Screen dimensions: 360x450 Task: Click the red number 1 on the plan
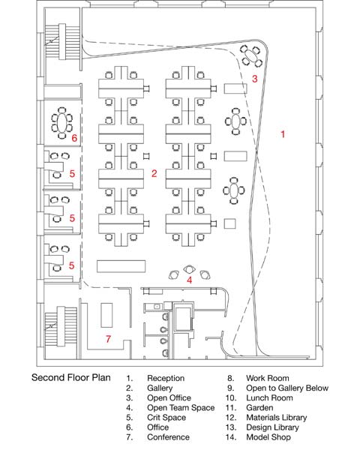click(x=283, y=134)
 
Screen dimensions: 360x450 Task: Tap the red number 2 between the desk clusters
click(x=154, y=173)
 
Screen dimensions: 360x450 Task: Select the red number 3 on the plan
click(x=255, y=79)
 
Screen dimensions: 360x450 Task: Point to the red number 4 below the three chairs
click(x=190, y=280)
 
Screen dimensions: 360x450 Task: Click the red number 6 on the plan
click(x=74, y=138)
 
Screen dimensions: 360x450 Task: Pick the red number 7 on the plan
click(x=108, y=339)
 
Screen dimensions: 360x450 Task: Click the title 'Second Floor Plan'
click(x=71, y=378)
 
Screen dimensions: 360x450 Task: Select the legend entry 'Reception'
click(x=166, y=378)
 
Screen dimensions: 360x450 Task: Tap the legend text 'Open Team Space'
click(x=181, y=408)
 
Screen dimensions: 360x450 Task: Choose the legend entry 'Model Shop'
click(x=268, y=437)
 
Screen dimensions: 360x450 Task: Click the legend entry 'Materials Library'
click(x=277, y=418)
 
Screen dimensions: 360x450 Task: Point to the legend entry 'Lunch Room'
click(x=269, y=398)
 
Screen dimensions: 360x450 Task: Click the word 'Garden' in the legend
click(x=259, y=408)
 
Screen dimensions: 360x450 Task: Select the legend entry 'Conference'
click(x=168, y=437)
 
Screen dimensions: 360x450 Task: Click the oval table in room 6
click(x=62, y=123)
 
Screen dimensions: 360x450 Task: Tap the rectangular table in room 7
click(x=106, y=315)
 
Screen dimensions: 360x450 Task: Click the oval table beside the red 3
click(x=252, y=55)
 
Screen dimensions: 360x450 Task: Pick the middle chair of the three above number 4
click(x=189, y=269)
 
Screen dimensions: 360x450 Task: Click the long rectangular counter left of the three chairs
click(x=121, y=266)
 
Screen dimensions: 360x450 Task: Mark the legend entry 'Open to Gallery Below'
click(x=287, y=388)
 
